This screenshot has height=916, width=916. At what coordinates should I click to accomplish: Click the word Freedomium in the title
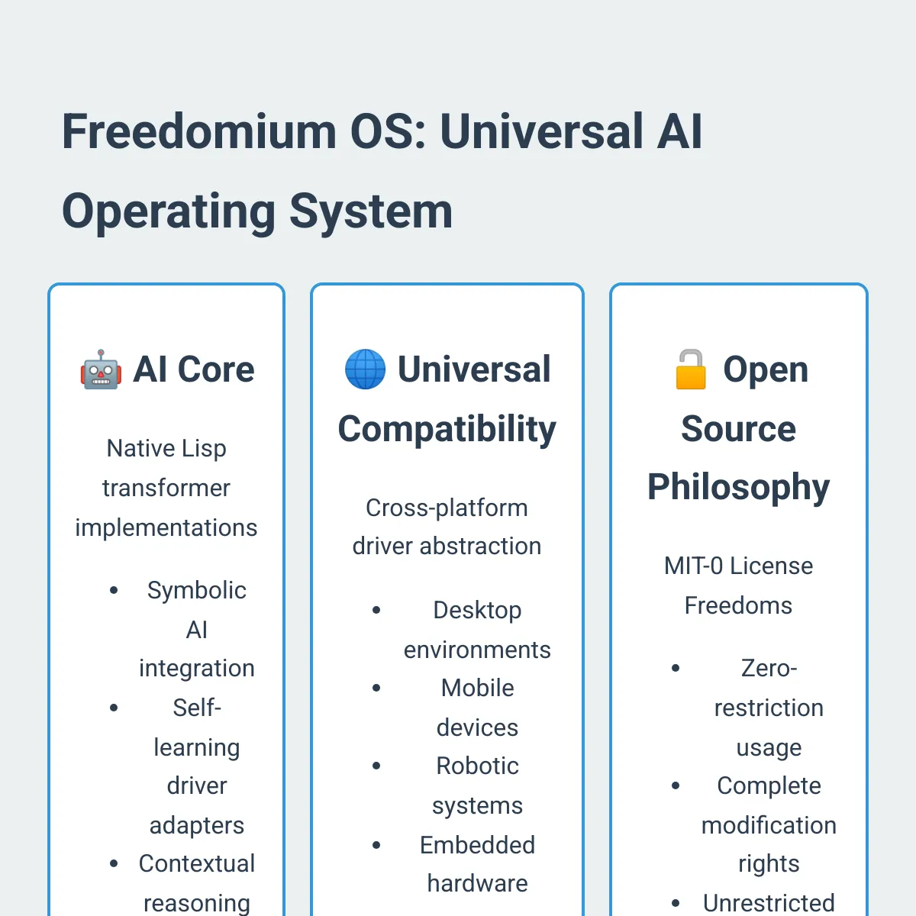pyautogui.click(x=198, y=131)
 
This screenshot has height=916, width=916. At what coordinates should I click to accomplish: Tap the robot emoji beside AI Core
pyautogui.click(x=101, y=370)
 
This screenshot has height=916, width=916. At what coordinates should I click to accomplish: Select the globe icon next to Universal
pyautogui.click(x=365, y=369)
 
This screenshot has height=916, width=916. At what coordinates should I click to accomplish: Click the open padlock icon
pyautogui.click(x=691, y=369)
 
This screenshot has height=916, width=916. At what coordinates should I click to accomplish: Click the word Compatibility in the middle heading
pyautogui.click(x=447, y=429)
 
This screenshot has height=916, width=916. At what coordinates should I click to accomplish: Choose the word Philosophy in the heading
pyautogui.click(x=738, y=487)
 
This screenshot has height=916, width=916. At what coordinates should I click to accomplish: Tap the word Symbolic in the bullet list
pyautogui.click(x=196, y=590)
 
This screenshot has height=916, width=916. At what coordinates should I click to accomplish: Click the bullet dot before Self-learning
pyautogui.click(x=114, y=708)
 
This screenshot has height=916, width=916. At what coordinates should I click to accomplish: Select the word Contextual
pyautogui.click(x=196, y=863)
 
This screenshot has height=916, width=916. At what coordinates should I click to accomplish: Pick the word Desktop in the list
pyautogui.click(x=477, y=610)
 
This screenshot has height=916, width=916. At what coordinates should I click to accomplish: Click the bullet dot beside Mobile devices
pyautogui.click(x=376, y=688)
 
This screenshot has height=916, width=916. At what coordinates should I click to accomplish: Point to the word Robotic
pyautogui.click(x=477, y=766)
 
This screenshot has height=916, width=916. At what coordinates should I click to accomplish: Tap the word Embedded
pyautogui.click(x=477, y=845)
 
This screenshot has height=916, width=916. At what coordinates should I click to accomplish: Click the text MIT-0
pyautogui.click(x=693, y=566)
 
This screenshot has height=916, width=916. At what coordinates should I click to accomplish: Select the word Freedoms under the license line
pyautogui.click(x=738, y=605)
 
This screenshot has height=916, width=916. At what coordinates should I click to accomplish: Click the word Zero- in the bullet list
pyautogui.click(x=769, y=668)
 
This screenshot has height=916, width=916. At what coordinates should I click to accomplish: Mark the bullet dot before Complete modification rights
pyautogui.click(x=676, y=785)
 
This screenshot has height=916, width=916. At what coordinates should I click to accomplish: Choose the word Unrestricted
pyautogui.click(x=769, y=903)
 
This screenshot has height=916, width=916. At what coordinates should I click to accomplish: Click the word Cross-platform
pyautogui.click(x=447, y=508)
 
